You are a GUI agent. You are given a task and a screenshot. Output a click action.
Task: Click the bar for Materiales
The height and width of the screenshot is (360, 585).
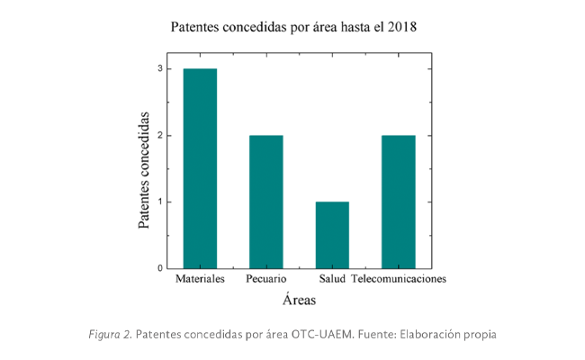(x=200, y=168)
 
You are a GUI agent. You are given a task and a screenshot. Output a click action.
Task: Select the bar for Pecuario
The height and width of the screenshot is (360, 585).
(x=265, y=202)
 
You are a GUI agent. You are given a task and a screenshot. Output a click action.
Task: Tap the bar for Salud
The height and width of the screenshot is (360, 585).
(x=332, y=235)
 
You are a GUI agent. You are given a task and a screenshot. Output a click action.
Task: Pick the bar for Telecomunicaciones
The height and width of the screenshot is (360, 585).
(x=398, y=202)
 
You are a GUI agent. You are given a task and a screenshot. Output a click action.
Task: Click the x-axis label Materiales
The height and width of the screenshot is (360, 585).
(x=200, y=280)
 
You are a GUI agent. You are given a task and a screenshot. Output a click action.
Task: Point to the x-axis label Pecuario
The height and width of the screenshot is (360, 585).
(x=265, y=280)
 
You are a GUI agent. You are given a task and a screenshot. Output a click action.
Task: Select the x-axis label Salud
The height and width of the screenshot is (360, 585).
(x=332, y=280)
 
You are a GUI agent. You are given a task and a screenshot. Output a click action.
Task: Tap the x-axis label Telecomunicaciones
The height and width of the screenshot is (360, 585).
(x=398, y=280)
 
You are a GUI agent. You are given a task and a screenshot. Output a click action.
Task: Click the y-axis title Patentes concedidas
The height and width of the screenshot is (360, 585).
(x=144, y=169)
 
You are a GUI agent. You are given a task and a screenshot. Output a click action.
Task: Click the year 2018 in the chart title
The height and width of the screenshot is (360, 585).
(x=400, y=27)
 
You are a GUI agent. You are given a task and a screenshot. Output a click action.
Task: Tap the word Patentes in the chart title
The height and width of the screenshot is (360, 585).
(x=198, y=27)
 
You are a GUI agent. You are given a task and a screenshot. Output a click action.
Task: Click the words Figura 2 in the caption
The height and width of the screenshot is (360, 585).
(x=109, y=335)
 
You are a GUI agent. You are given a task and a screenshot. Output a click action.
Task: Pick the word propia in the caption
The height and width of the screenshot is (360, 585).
(x=477, y=335)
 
